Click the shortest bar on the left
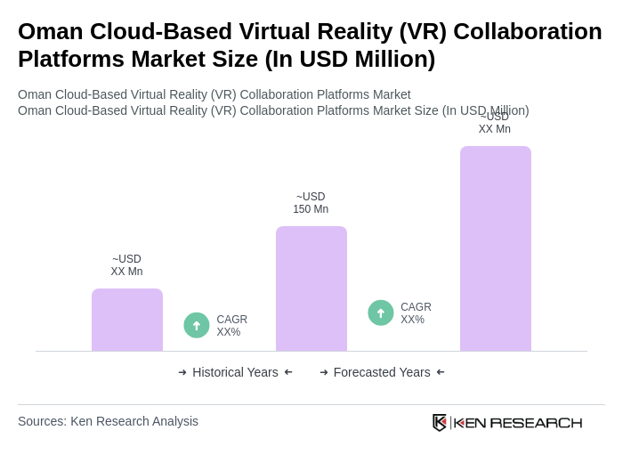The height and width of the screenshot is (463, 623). [x=127, y=320]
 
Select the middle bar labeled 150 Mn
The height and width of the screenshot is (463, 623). [x=311, y=288]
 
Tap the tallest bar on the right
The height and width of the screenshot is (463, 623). [x=495, y=248]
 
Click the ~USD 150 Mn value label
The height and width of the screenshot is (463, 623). [x=311, y=203]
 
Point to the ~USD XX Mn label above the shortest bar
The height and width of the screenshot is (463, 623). [x=126, y=265]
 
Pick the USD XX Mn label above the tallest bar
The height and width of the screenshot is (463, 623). [x=494, y=124]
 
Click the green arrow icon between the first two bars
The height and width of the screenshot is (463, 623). [x=197, y=325]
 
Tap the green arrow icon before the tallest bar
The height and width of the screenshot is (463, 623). [x=381, y=313]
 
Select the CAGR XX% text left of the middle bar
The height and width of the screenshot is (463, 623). [x=231, y=326]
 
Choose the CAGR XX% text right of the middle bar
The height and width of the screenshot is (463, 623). [x=416, y=313]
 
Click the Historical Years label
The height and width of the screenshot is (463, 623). [x=235, y=372]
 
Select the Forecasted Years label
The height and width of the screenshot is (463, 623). [x=382, y=372]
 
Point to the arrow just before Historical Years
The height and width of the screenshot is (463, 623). [x=182, y=372]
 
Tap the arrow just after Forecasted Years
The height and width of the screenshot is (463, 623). [x=441, y=372]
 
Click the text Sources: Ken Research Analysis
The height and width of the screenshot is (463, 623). [x=108, y=421]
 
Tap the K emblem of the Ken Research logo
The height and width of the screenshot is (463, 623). [x=439, y=422]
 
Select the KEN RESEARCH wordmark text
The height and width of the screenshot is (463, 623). [x=518, y=422]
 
